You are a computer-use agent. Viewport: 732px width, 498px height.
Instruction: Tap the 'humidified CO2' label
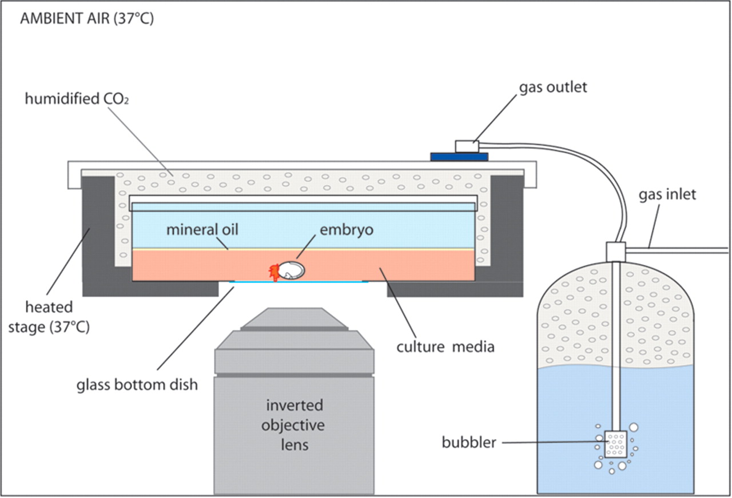click(x=74, y=99)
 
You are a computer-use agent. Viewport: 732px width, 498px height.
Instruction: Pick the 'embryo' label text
click(x=347, y=230)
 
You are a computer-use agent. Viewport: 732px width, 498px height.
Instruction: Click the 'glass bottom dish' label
click(x=137, y=384)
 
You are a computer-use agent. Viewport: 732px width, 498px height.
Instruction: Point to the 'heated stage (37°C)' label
click(x=49, y=318)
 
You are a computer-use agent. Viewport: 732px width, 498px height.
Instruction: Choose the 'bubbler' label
click(x=469, y=442)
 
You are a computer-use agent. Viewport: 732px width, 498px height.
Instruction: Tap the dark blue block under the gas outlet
click(x=459, y=156)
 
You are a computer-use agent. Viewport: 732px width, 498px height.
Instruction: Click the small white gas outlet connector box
click(x=467, y=146)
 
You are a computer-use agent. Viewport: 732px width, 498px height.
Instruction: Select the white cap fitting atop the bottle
click(x=616, y=251)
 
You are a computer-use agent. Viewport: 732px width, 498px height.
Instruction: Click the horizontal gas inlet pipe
click(x=678, y=250)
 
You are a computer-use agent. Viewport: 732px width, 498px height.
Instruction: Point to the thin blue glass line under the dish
click(x=298, y=282)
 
